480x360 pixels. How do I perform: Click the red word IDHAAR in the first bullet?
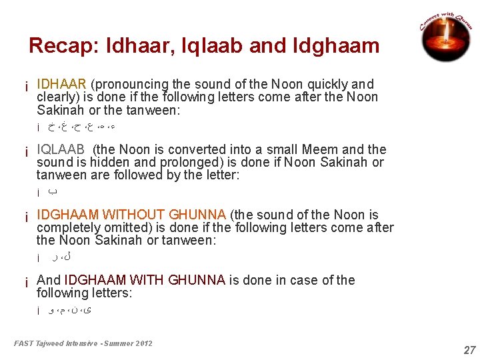(x=61, y=85)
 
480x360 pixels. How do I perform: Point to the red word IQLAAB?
(x=61, y=150)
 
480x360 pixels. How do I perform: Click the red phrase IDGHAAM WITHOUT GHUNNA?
(x=131, y=215)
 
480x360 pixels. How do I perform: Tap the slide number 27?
(x=470, y=350)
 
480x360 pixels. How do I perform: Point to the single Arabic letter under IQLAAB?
(x=55, y=192)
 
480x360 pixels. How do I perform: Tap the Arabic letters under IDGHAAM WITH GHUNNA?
(x=70, y=309)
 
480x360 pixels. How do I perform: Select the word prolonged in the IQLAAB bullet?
(x=186, y=163)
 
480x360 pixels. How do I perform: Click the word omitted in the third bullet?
(x=126, y=228)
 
